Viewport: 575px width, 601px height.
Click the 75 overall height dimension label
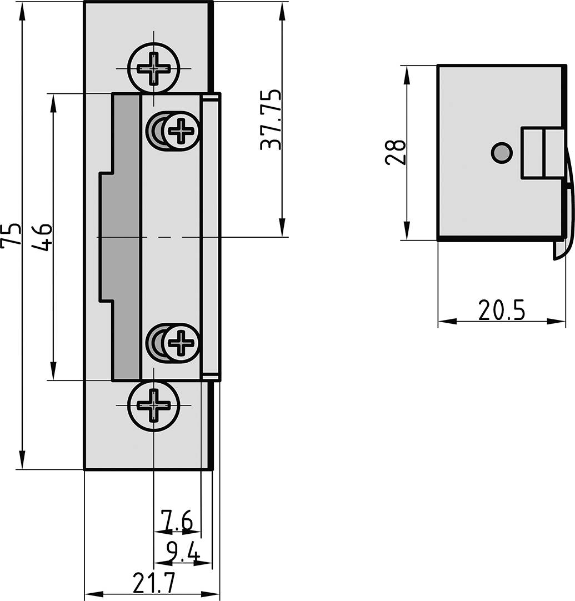pos(11,235)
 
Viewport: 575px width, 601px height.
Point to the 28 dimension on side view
pos(396,153)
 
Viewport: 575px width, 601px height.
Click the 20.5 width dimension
pos(501,310)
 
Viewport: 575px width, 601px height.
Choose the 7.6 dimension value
pos(177,522)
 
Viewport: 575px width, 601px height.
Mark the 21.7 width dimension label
pos(154,583)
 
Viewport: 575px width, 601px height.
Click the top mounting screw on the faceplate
pos(154,68)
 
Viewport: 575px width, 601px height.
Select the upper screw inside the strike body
pos(180,131)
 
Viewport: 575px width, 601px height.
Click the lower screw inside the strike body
pos(180,342)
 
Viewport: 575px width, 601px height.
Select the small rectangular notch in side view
pos(542,153)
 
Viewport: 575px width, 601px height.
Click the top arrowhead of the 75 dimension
pos(22,11)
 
